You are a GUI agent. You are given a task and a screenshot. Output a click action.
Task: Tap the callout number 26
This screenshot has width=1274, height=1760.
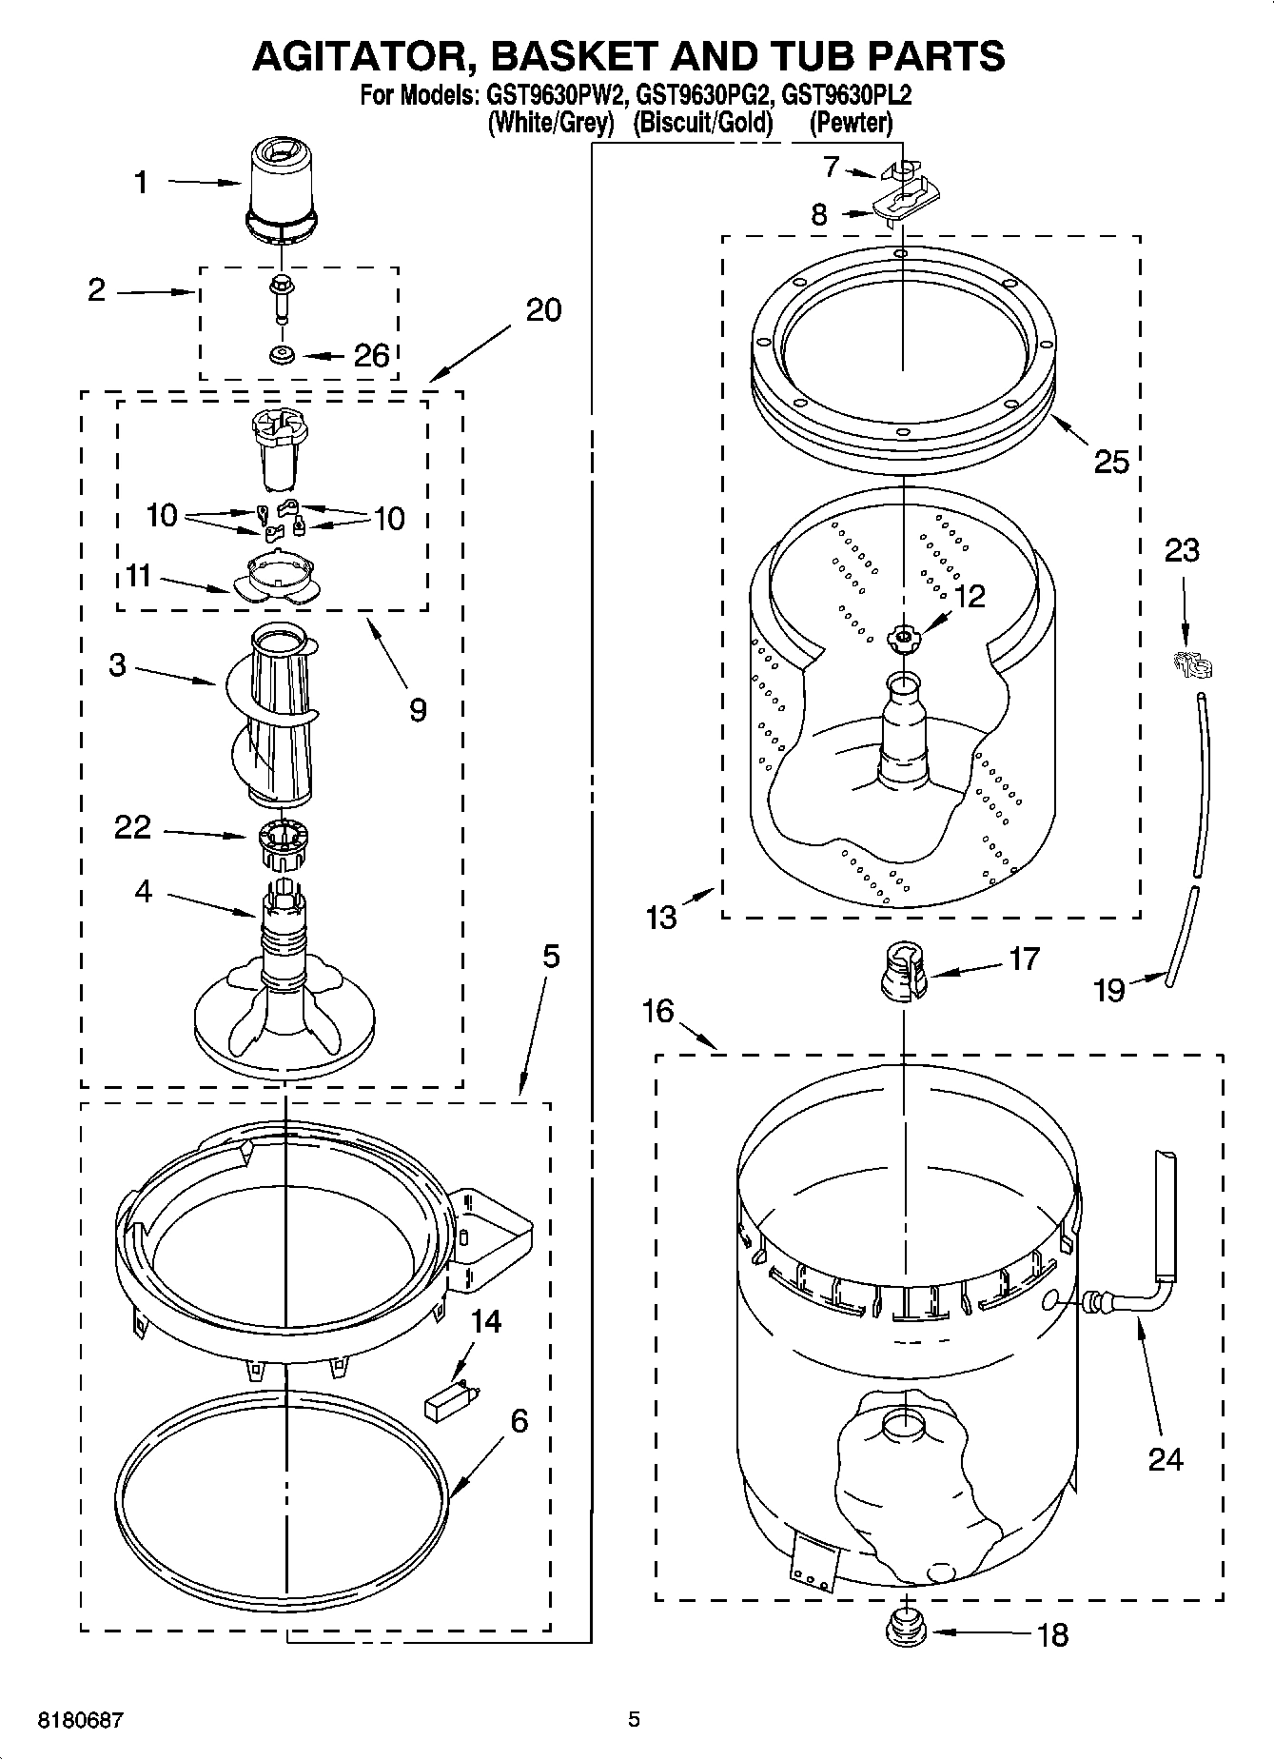click(x=371, y=356)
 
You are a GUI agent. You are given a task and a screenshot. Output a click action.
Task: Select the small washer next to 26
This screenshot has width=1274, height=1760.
click(x=282, y=355)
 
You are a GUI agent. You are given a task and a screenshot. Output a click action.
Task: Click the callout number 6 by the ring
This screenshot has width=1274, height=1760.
click(x=519, y=1421)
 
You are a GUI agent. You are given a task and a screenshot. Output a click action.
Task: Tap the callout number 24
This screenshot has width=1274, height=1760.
click(x=1166, y=1459)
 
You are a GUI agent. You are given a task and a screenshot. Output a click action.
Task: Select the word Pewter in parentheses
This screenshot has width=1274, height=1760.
click(x=851, y=123)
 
